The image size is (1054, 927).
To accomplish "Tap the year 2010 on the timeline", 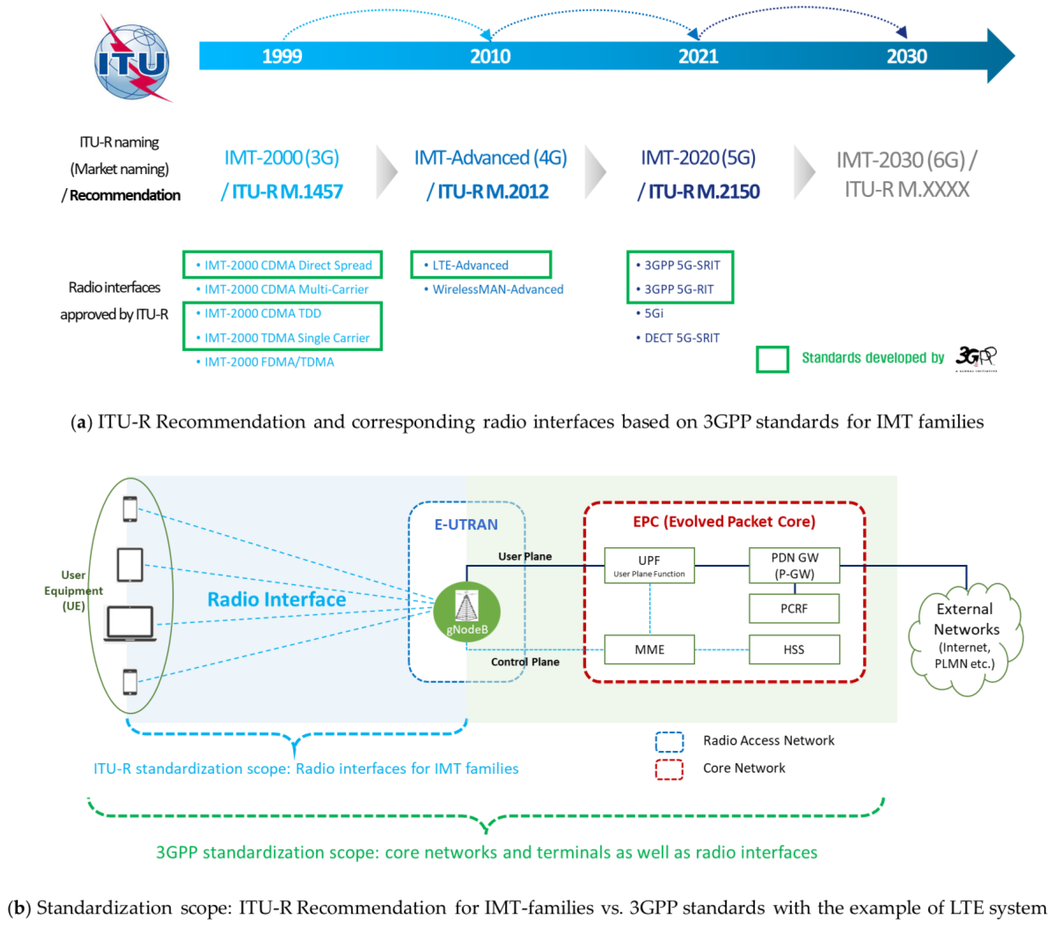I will tap(490, 56).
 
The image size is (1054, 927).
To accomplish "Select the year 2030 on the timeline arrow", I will tap(906, 56).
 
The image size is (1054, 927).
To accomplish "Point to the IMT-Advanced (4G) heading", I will tap(490, 158).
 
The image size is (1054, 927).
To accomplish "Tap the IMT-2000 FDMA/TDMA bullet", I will tap(269, 362).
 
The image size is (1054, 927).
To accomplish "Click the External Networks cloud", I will tap(965, 637).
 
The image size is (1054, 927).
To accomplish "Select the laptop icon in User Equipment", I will tap(130, 624).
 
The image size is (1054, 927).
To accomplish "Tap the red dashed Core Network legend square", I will tap(669, 769).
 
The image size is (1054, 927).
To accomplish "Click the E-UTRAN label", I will tap(466, 524).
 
